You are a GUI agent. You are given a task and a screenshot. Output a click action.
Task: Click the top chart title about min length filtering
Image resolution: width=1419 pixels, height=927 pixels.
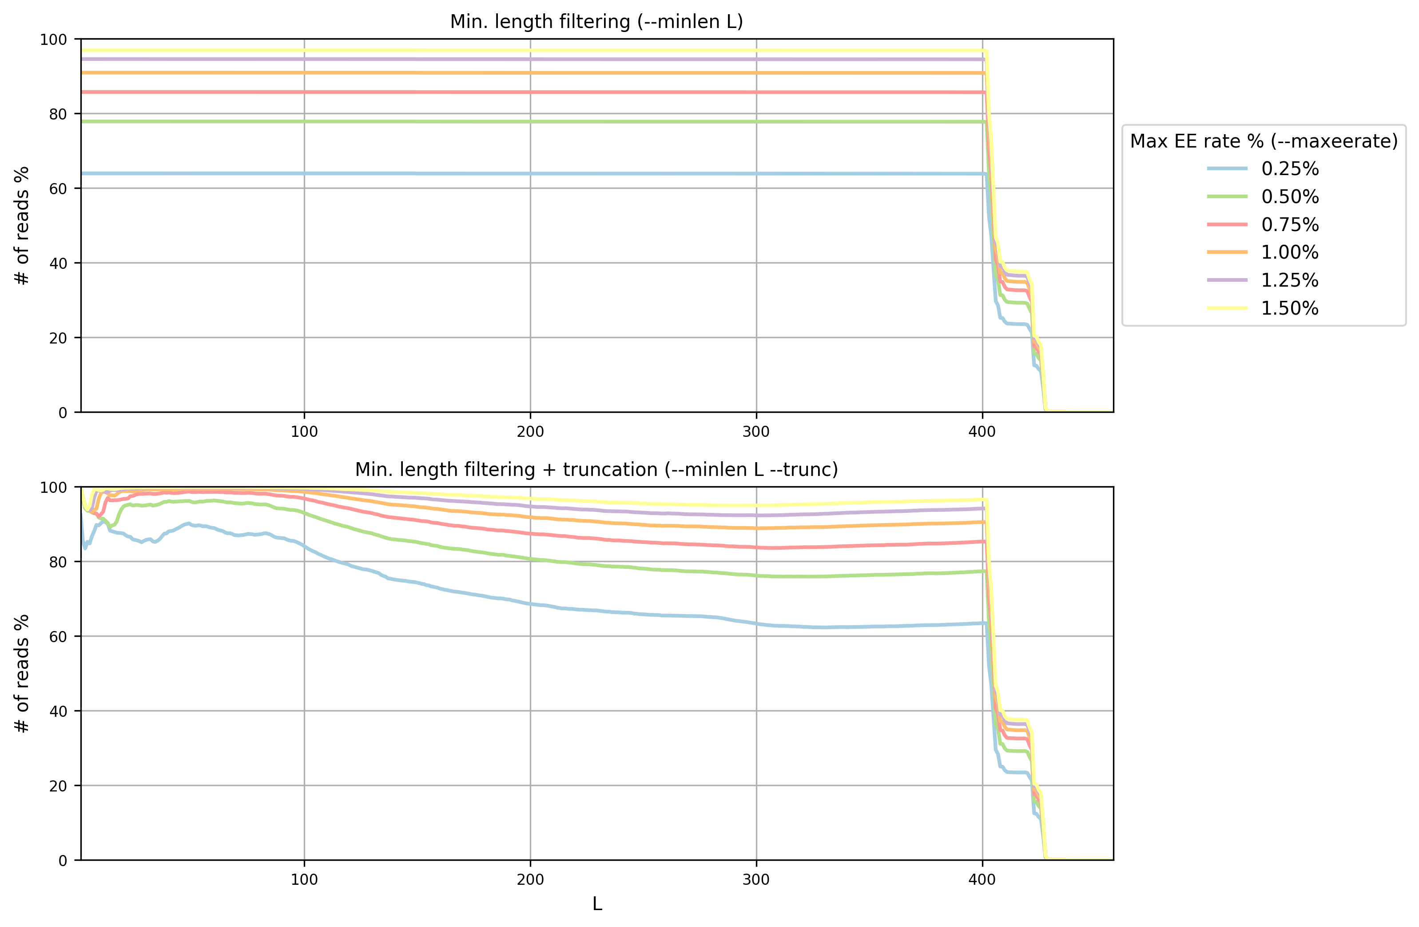click(596, 22)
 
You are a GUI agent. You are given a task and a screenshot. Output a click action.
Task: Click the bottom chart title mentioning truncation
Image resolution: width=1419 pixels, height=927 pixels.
click(596, 470)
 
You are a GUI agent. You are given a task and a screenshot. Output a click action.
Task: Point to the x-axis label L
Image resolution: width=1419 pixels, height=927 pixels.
click(597, 904)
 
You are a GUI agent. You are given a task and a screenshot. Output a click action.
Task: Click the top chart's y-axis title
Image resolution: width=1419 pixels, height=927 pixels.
click(22, 225)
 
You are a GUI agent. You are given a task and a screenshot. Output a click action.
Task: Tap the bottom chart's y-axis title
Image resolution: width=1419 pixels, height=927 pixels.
click(22, 674)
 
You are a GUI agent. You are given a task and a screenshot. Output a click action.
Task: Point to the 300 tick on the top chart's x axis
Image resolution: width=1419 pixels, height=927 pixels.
click(756, 432)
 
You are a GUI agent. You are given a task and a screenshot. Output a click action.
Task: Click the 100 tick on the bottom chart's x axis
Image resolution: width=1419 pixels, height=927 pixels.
click(304, 879)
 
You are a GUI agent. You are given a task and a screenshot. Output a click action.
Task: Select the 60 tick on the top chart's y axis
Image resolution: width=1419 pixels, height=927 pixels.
click(57, 188)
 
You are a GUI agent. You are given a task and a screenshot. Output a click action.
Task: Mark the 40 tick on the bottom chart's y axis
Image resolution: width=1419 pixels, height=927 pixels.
click(57, 711)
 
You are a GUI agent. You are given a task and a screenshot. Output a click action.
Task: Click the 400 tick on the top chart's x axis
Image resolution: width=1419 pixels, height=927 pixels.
click(982, 432)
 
